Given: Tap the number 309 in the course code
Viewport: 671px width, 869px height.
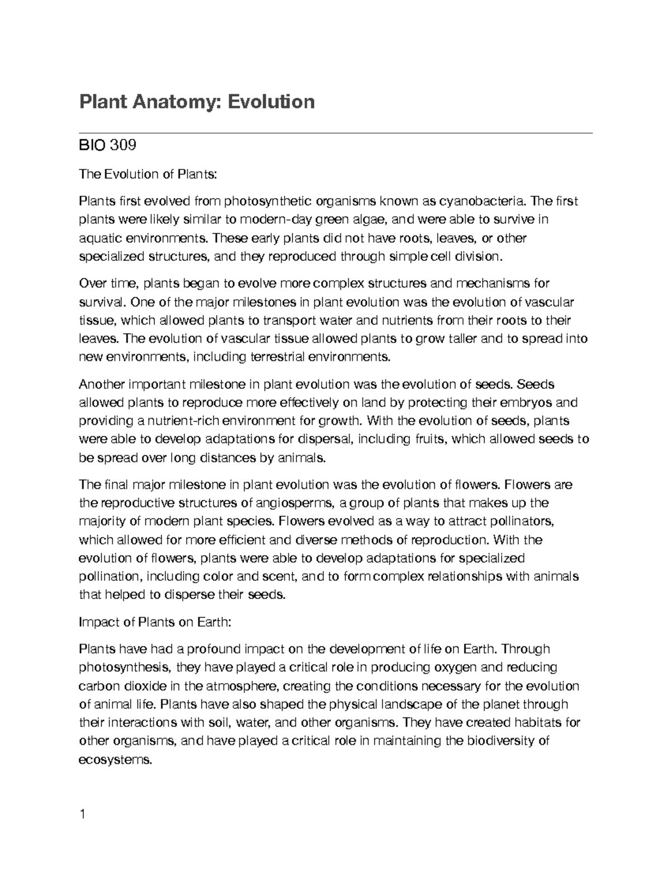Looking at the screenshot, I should click(122, 146).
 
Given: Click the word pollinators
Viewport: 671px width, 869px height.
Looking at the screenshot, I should click(521, 522).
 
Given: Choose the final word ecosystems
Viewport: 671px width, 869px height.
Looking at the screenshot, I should click(115, 760).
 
